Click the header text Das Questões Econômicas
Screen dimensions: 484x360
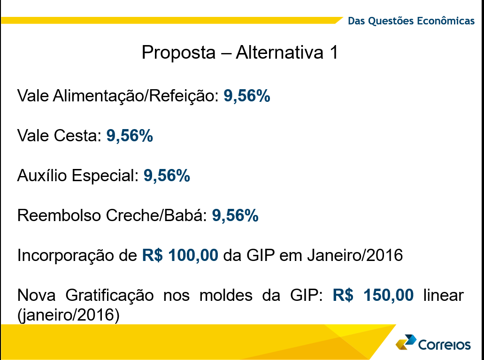pos(411,21)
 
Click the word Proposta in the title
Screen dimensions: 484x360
pos(178,53)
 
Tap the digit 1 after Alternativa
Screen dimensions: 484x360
pos(334,52)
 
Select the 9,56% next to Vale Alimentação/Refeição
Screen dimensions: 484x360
pos(247,95)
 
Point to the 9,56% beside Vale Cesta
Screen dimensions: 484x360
pos(130,136)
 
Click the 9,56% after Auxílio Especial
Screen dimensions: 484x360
pos(167,176)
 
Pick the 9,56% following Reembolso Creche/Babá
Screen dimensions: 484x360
pos(235,215)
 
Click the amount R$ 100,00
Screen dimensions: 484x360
pos(180,255)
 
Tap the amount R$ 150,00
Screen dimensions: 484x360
pos(373,295)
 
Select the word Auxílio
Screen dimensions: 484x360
pos(42,176)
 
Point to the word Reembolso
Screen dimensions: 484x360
pos(59,215)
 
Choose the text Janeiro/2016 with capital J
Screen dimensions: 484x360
pos(355,255)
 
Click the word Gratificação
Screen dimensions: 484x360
pos(109,296)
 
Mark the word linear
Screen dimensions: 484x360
pos(443,295)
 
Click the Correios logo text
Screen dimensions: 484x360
pos(445,345)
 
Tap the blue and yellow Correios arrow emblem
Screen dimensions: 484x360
pos(406,342)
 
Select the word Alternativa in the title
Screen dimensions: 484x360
pos(280,52)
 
